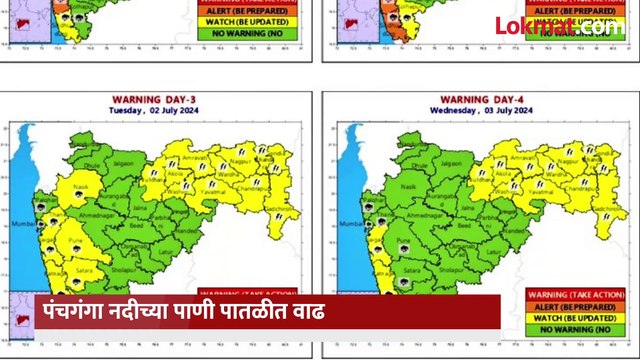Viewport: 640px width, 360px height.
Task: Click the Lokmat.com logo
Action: coord(557,26)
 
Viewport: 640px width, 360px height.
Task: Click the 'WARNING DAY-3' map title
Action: coord(151,100)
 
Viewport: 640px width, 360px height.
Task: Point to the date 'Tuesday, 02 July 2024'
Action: coord(151,110)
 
